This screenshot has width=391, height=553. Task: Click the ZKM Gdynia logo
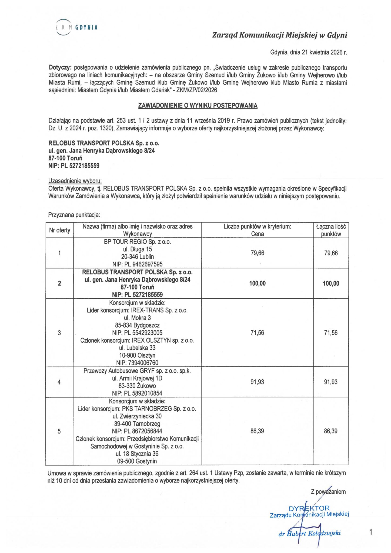[x=76, y=27]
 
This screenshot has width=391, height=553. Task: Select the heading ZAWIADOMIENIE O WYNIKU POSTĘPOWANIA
[x=198, y=106]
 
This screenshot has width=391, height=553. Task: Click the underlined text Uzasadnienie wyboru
[x=75, y=181]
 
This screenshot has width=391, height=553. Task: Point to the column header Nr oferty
[x=59, y=230]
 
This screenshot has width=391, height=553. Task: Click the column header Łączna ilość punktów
[x=331, y=230]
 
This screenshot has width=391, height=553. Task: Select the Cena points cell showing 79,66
[x=257, y=253]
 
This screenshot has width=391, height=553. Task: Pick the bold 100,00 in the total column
[x=331, y=283]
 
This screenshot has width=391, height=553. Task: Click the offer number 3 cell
[x=59, y=333]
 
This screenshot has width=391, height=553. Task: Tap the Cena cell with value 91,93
[x=257, y=382]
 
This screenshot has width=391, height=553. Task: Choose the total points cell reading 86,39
[x=330, y=431]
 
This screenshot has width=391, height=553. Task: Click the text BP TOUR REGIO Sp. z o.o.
[x=137, y=242]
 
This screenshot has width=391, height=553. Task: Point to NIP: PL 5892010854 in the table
[x=137, y=393]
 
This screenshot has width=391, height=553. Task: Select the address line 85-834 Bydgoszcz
[x=137, y=325]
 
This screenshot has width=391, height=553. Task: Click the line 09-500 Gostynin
[x=137, y=461]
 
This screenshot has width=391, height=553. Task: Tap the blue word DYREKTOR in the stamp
[x=309, y=509]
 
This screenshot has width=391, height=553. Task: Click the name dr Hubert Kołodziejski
[x=309, y=533]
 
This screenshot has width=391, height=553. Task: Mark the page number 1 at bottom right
[x=371, y=532]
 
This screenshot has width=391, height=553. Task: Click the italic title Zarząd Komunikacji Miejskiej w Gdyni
[x=279, y=35]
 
